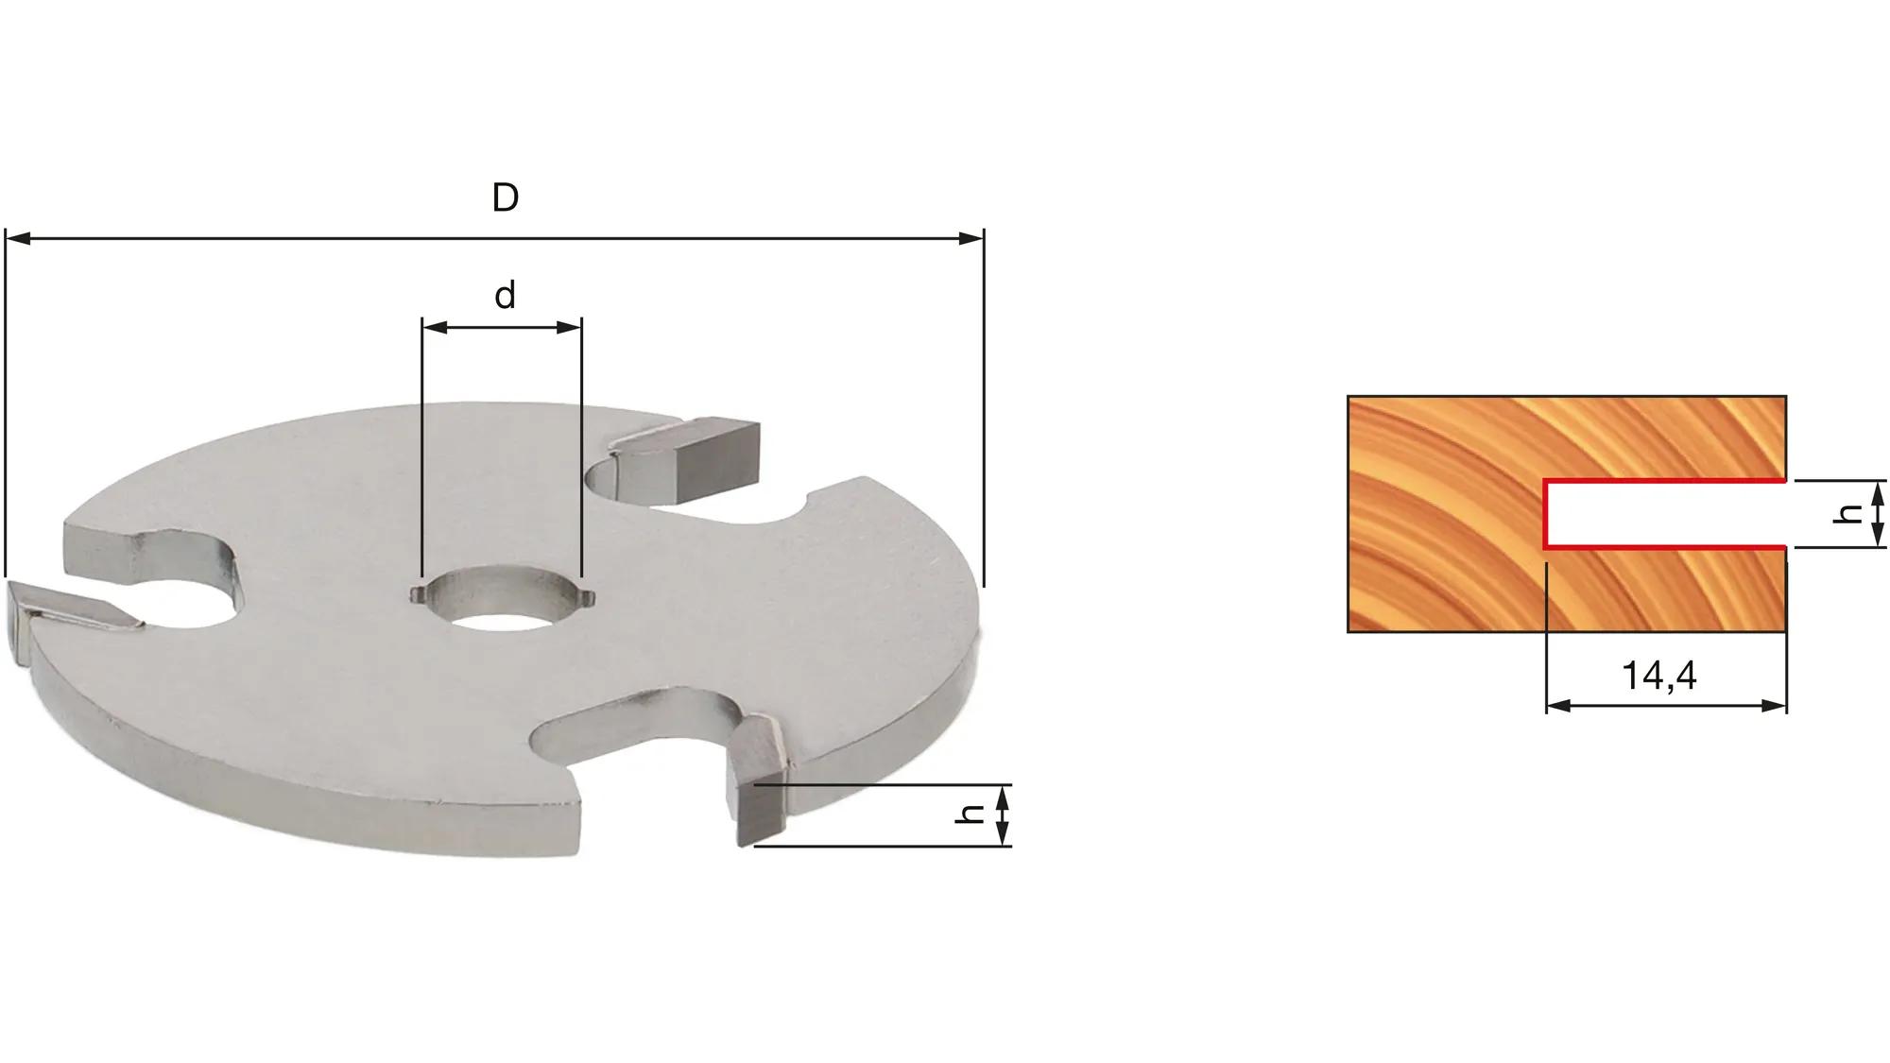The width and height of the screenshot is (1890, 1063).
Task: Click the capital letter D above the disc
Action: [x=506, y=198]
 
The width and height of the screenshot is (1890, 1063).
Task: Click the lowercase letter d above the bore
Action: [x=506, y=296]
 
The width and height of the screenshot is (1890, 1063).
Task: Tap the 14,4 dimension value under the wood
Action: [x=1659, y=676]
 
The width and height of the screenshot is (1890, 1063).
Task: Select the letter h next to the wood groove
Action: [x=1848, y=513]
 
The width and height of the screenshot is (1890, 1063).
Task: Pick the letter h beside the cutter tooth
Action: [x=971, y=814]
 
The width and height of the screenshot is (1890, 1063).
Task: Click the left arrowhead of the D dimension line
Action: [x=17, y=238]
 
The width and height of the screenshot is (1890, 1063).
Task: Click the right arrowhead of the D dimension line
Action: [x=971, y=238]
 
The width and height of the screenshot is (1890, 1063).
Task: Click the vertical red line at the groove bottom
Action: [x=1545, y=514]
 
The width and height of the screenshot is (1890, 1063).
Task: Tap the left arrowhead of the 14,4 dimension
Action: [x=1557, y=705]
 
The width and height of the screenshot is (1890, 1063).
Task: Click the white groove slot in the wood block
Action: [x=1663, y=514]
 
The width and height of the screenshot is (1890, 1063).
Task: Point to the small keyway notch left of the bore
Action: [x=415, y=593]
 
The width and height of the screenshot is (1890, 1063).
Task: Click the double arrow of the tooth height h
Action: [x=1004, y=814]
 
